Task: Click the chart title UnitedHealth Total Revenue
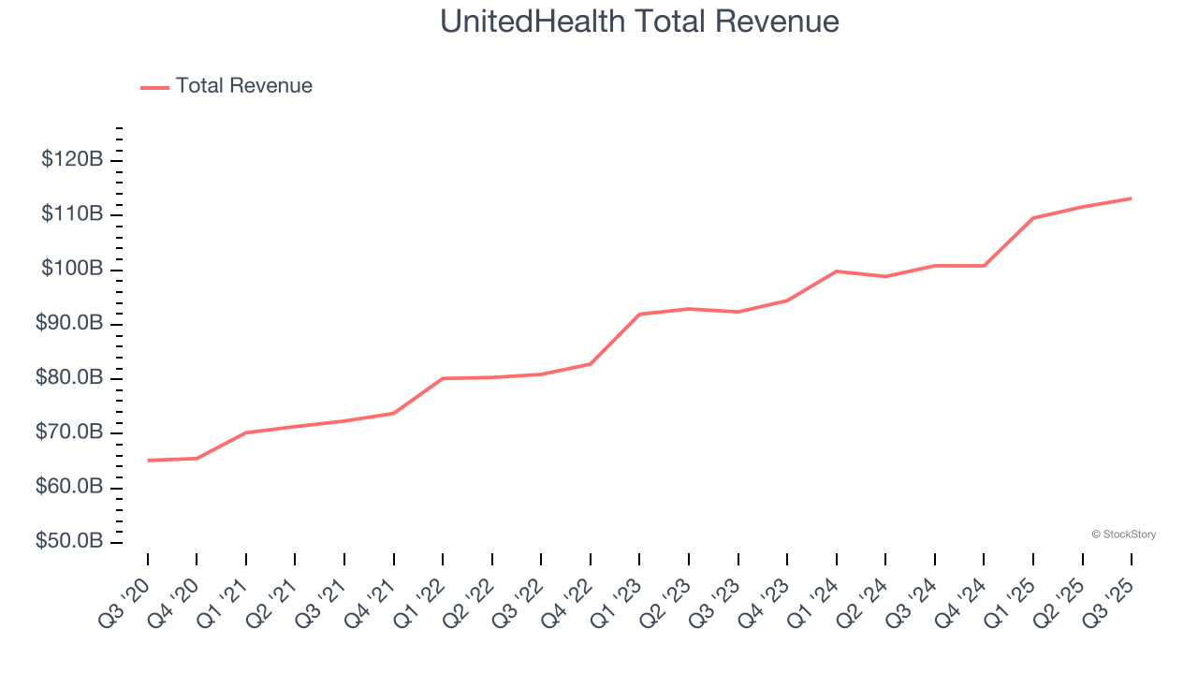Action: pos(639,22)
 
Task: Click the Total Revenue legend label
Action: pos(243,86)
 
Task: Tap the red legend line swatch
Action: pos(154,87)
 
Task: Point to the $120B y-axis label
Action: pos(72,159)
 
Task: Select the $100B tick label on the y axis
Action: pos(72,269)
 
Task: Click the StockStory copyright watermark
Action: pos(1123,535)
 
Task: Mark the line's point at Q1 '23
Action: pos(639,314)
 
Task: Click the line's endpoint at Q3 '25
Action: pos(1131,198)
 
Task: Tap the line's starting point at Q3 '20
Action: pos(148,461)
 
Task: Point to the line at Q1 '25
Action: pos(1032,218)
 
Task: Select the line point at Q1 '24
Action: pos(836,271)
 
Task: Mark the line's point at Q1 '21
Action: pos(246,432)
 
